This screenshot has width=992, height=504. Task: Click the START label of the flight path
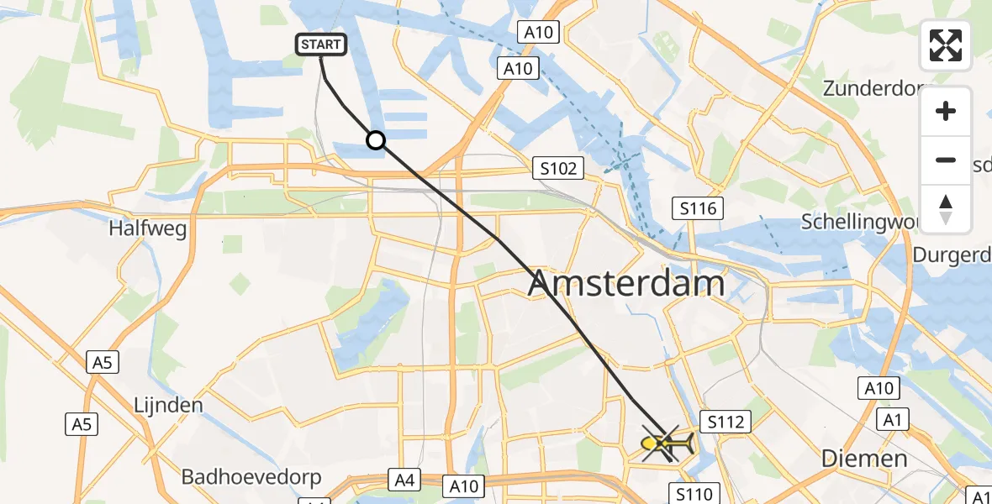[321, 45]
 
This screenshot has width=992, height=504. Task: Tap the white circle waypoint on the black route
[376, 140]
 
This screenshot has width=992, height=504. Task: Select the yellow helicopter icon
[667, 443]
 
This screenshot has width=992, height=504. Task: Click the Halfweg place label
[147, 228]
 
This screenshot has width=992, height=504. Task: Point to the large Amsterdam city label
[625, 284]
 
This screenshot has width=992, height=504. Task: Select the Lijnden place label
[168, 405]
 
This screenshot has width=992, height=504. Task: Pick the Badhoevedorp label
[251, 478]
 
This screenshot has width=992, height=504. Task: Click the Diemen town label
[864, 459]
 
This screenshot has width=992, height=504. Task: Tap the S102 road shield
[559, 169]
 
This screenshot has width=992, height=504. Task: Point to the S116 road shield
[699, 207]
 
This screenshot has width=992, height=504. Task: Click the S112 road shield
[726, 422]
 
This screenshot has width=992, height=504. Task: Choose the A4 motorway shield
[404, 480]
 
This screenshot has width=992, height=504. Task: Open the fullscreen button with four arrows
[946, 45]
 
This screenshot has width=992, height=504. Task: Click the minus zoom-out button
[946, 160]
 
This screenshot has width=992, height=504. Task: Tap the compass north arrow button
[946, 208]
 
